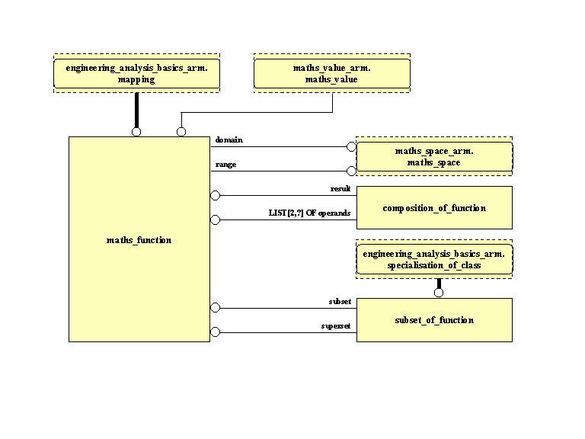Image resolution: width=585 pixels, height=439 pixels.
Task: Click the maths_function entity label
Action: click(x=139, y=240)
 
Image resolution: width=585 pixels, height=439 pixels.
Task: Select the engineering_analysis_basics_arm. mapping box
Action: click(x=136, y=73)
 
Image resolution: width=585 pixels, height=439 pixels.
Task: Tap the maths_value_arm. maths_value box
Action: click(x=331, y=73)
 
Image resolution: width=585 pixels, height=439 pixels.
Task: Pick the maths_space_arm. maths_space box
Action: click(x=434, y=157)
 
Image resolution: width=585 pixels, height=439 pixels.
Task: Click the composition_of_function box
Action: click(x=434, y=208)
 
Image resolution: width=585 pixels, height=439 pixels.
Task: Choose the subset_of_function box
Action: click(x=434, y=320)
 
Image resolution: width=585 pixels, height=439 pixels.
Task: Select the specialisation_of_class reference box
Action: click(x=434, y=260)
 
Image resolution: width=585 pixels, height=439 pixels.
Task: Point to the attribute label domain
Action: click(x=227, y=139)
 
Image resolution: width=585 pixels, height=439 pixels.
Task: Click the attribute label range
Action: click(x=225, y=164)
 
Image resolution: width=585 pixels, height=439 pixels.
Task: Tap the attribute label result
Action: click(x=340, y=188)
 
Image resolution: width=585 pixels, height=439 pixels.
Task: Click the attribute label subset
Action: click(x=340, y=301)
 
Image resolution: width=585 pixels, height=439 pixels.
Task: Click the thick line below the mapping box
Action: click(x=136, y=110)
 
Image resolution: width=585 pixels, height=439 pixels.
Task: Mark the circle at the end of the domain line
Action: click(x=351, y=146)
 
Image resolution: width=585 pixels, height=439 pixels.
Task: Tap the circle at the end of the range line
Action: click(x=351, y=171)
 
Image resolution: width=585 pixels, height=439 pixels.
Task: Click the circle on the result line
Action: click(x=215, y=196)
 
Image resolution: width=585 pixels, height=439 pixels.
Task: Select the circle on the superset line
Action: click(x=215, y=332)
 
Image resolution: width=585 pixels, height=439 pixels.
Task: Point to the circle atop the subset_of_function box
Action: click(x=439, y=293)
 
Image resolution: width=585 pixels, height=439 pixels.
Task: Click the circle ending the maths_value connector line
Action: click(x=181, y=132)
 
